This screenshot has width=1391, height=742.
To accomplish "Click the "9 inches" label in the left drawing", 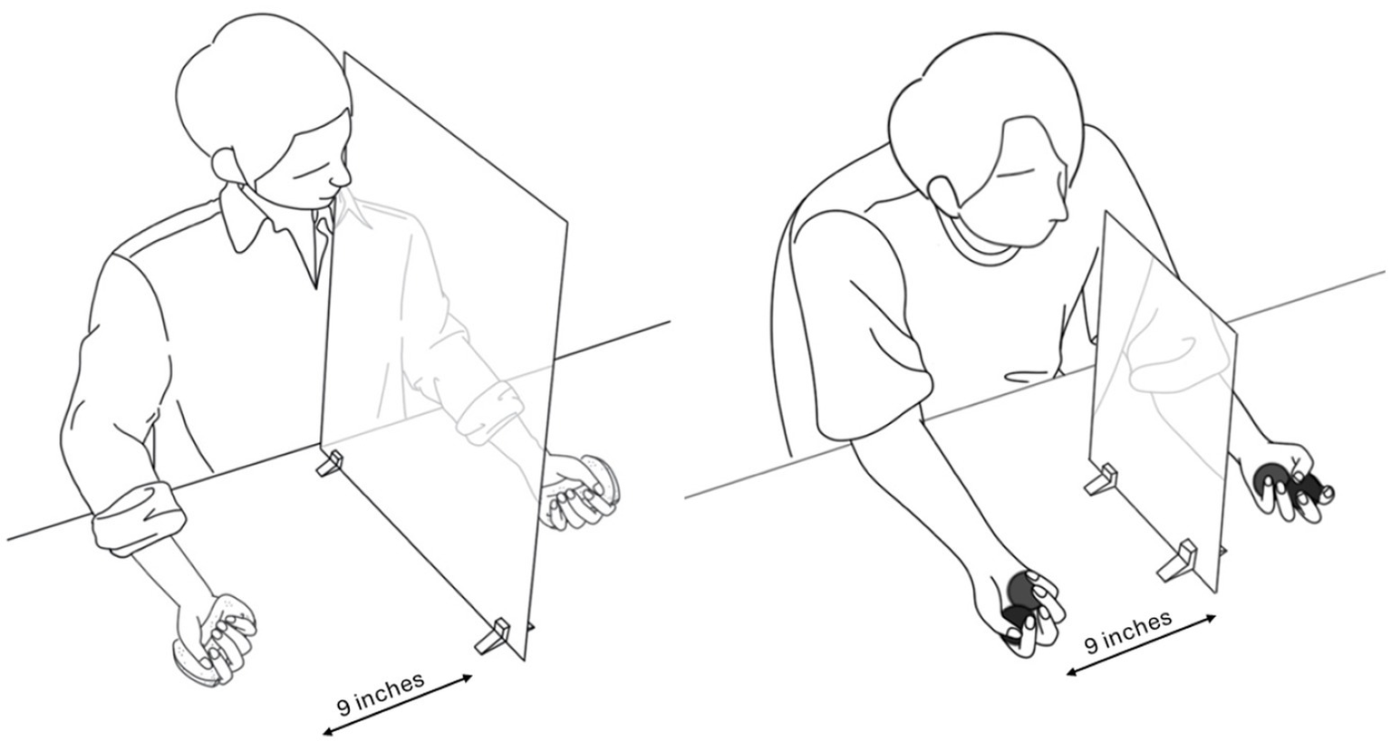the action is [x=381, y=693].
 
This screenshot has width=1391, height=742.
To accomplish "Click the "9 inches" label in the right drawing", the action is [x=1128, y=631].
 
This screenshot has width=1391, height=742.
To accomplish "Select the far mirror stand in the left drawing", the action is [x=329, y=463].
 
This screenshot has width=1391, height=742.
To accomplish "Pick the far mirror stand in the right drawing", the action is [x=1100, y=478].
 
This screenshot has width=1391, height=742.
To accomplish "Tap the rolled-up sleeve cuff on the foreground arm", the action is [x=139, y=515].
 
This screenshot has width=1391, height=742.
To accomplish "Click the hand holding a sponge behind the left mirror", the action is [x=577, y=490].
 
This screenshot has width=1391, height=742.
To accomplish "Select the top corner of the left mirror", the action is [x=344, y=53].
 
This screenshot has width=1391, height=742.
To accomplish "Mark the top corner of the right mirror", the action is [x=1106, y=212].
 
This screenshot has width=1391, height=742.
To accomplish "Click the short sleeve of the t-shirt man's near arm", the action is [x=864, y=329].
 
